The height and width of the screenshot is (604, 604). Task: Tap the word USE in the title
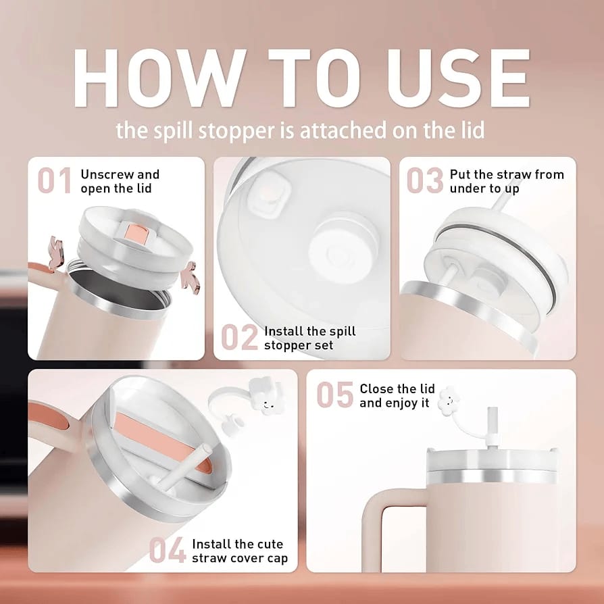click(458, 78)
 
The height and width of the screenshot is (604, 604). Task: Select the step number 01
click(55, 180)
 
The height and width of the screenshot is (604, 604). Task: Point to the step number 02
click(239, 337)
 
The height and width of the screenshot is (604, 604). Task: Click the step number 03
click(425, 180)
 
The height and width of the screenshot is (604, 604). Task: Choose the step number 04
click(167, 550)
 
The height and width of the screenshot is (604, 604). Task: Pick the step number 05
click(334, 395)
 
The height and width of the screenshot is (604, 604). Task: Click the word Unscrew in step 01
click(106, 174)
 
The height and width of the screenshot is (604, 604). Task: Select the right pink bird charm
click(190, 276)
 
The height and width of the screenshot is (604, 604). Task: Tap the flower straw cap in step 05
click(449, 401)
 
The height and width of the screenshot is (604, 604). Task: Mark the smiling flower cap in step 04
click(267, 397)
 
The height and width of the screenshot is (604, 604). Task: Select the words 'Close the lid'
click(397, 388)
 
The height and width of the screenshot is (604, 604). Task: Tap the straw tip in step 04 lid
click(206, 449)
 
